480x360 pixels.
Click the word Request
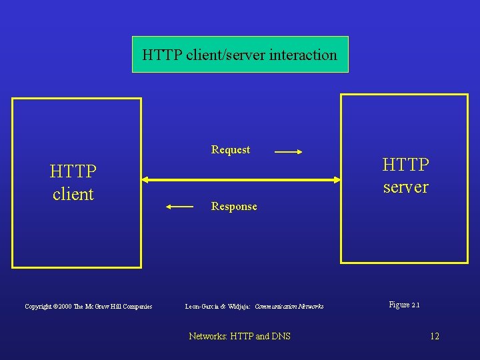(x=231, y=150)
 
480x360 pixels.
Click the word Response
(x=234, y=207)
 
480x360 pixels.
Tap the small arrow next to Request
(x=288, y=152)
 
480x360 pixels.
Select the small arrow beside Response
(x=179, y=207)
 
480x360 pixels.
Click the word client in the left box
(x=73, y=195)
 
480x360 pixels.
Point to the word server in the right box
(x=405, y=187)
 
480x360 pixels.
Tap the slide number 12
(x=435, y=336)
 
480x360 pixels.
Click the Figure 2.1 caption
(x=404, y=305)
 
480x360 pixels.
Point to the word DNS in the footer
(x=281, y=336)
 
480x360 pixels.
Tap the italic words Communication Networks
(x=289, y=307)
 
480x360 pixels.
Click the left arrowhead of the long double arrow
(x=145, y=179)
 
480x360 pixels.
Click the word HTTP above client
(x=73, y=172)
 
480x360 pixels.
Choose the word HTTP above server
(x=405, y=165)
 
